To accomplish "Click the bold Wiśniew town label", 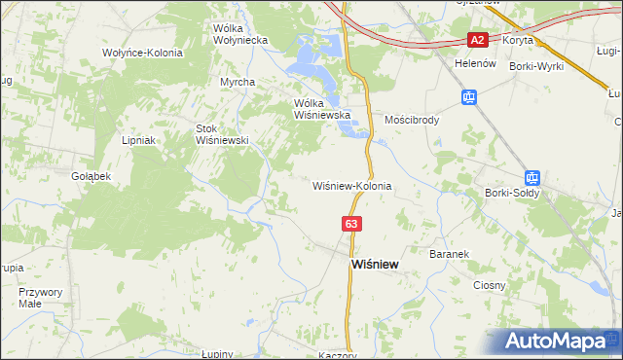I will pyautogui.click(x=373, y=264).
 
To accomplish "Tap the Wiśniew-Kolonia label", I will pyautogui.click(x=351, y=185).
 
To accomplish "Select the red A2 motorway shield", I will pyautogui.click(x=477, y=40).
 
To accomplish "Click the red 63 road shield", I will pyautogui.click(x=352, y=224).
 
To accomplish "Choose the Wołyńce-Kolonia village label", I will pyautogui.click(x=142, y=53).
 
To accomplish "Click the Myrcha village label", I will pyautogui.click(x=237, y=82).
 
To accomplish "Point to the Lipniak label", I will pyautogui.click(x=140, y=140).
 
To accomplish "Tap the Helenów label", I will pyautogui.click(x=475, y=63).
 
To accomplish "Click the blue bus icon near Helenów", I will pyautogui.click(x=468, y=97).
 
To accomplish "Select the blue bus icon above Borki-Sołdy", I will pyautogui.click(x=531, y=178).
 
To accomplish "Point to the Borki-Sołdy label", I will pyautogui.click(x=511, y=193).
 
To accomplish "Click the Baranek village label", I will pyautogui.click(x=449, y=253).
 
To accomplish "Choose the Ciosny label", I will pyautogui.click(x=489, y=285).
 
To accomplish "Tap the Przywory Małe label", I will pyautogui.click(x=41, y=297).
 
